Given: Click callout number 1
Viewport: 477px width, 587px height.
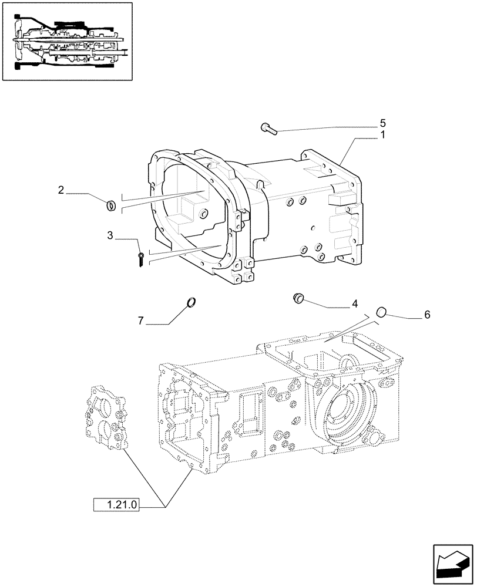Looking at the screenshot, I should [382, 134].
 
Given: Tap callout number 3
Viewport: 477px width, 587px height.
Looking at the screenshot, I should [110, 235].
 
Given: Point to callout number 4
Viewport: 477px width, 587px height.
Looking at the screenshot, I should [354, 304].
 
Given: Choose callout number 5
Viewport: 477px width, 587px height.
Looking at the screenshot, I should [382, 123].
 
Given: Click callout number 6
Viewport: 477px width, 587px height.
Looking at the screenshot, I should [427, 315].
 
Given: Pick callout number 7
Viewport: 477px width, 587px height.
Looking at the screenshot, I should [141, 321].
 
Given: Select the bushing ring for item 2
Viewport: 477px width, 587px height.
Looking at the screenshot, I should [110, 205].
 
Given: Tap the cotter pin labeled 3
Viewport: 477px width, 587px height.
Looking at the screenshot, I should [142, 260].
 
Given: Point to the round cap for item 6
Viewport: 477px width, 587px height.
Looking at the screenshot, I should [381, 312].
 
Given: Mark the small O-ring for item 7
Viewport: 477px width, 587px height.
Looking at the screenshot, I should [190, 302].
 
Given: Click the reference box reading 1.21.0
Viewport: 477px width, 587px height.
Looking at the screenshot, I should [116, 504].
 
